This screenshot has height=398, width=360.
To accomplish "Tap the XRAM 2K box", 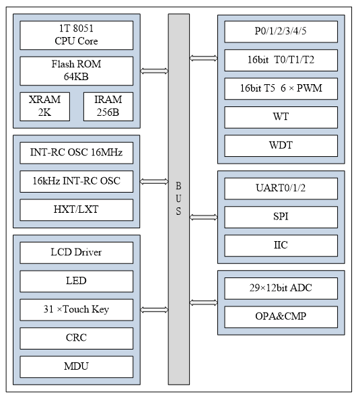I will pos(44,106).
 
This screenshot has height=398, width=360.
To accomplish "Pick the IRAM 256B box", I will pos(108,106).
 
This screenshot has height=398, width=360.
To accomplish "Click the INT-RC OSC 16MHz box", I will pos(76,152).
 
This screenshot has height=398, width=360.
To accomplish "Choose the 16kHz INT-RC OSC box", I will pos(76,180).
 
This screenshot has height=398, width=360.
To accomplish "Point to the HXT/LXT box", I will pos(76,209).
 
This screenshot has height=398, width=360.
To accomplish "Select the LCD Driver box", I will pos(76,253).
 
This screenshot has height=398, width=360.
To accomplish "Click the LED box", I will pos(76,281).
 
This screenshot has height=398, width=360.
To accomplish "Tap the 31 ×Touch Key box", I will pos(76,310).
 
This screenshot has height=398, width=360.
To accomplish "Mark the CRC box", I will pos(76,338).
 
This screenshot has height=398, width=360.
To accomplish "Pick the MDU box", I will pos(76,366).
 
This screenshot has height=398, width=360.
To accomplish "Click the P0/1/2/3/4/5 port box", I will pos(281,32).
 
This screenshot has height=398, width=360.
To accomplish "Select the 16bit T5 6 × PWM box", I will pos(281,88).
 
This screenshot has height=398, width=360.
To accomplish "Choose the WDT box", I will pos(281,145).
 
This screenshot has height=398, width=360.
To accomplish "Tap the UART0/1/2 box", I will pos(281,189).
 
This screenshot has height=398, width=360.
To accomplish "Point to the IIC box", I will pos(281,245).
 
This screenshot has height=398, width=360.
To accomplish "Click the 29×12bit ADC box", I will pos(281,288).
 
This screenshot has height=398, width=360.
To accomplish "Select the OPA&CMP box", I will pos(281,317).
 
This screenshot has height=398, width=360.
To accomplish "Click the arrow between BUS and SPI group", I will pos(204,217).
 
